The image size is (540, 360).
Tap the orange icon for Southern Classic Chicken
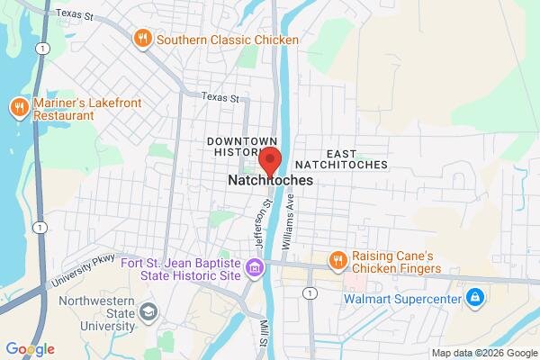pyautogui.click(x=141, y=39)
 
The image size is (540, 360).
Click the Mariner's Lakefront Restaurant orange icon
pyautogui.click(x=18, y=109)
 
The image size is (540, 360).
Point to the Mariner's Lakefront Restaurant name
pyautogui.click(x=76, y=109)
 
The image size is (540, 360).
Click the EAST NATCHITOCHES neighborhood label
pyautogui.click(x=345, y=159)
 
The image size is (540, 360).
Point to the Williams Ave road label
pyautogui.click(x=289, y=224)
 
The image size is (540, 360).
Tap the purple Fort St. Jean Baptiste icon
pyautogui.click(x=256, y=266)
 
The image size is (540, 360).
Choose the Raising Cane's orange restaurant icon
pyautogui.click(x=337, y=261)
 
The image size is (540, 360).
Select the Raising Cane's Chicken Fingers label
pyautogui.click(x=396, y=262)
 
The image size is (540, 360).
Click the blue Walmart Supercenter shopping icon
pyautogui.click(x=474, y=296)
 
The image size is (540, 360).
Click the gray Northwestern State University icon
pyautogui.click(x=148, y=312)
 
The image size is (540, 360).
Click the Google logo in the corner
pyautogui.click(x=30, y=349)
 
